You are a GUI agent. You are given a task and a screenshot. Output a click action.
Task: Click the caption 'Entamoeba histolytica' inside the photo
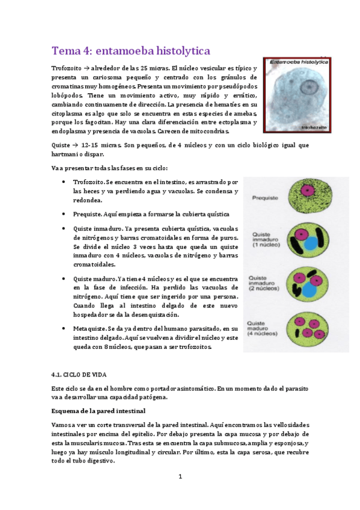[x=299, y=61]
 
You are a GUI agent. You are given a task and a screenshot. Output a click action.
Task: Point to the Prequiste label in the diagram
[x=264, y=196]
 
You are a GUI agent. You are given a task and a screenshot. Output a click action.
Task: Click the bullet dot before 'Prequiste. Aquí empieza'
[x=64, y=214]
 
